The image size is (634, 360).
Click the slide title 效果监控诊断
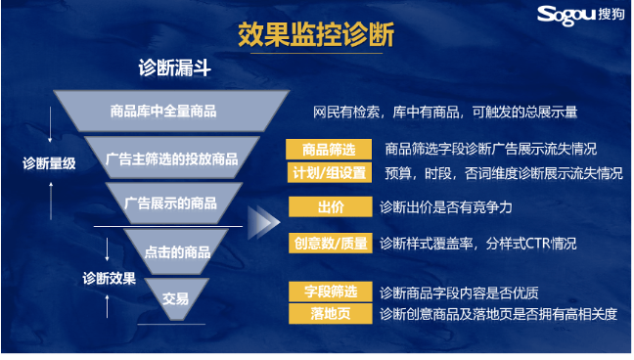click(x=316, y=35)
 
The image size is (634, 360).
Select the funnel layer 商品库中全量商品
click(x=163, y=111)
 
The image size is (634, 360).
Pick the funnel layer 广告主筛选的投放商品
click(x=171, y=158)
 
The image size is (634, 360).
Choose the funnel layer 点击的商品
click(x=177, y=251)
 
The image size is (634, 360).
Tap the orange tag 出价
click(x=330, y=207)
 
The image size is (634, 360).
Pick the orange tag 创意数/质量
click(x=330, y=243)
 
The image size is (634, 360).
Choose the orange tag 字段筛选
click(x=330, y=292)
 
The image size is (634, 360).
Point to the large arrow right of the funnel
click(x=261, y=223)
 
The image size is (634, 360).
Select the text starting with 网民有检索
click(x=445, y=112)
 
